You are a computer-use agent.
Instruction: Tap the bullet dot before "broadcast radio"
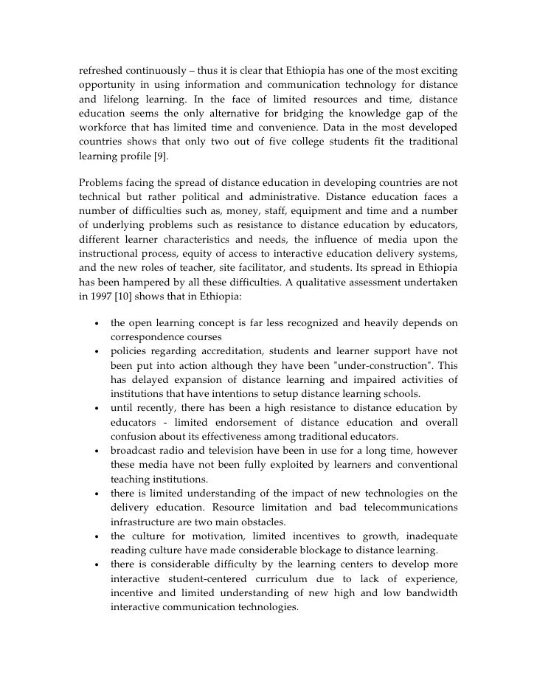97,452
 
